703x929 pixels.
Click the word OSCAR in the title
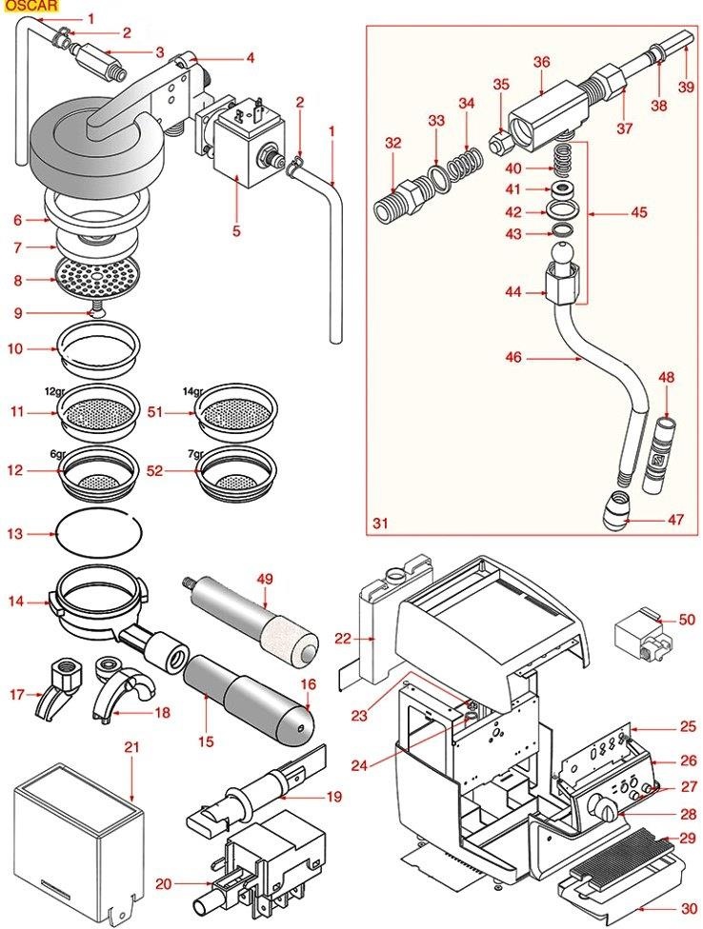(x=28, y=6)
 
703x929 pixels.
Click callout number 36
(x=542, y=62)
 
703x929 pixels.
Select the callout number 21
(x=131, y=746)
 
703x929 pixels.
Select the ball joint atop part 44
(x=559, y=255)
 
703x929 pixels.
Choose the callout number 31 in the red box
(x=380, y=523)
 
